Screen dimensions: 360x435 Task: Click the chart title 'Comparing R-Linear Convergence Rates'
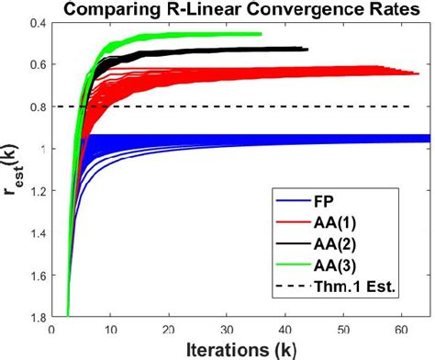(x=240, y=10)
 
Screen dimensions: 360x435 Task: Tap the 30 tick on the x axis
(x=228, y=327)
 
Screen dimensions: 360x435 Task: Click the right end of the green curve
(x=261, y=34)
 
